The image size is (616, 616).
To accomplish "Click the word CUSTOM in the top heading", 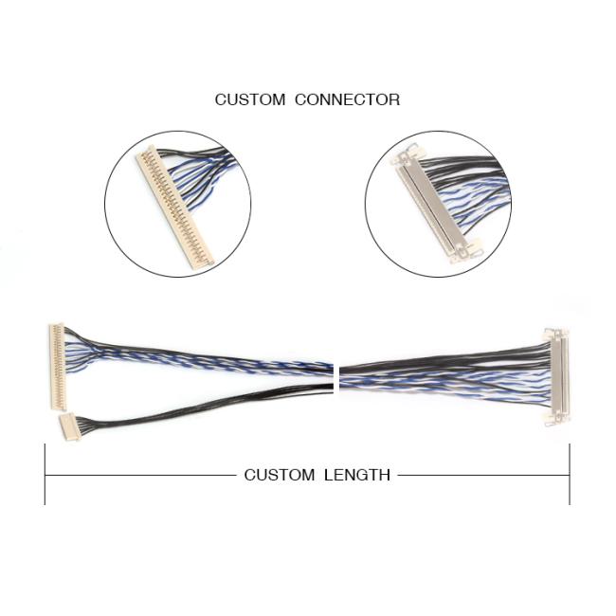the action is pos(250,100).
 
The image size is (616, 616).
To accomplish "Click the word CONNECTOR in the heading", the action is pos(348,100).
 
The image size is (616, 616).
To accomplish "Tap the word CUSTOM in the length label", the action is pos(280,475).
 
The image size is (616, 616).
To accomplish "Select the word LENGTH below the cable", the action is pos(357,475).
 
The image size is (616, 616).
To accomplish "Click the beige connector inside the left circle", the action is pos(174,208).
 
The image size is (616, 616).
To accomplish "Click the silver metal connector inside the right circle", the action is pos(435,205).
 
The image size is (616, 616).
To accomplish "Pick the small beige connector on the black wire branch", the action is pos(69,426).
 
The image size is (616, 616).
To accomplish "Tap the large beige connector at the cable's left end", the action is pos(58,367).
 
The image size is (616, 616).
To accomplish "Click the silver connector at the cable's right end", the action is pos(557,377).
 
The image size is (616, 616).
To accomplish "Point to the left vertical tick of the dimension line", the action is pos(45,475).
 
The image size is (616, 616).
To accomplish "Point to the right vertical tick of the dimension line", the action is pos(570,475).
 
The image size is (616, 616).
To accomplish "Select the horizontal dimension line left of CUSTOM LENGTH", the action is pos(141,476).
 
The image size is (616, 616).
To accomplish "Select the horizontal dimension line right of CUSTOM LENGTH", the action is pos(483,476).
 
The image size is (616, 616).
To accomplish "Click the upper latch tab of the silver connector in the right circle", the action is pos(408,154).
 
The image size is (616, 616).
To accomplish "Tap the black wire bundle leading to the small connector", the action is pos(205,405).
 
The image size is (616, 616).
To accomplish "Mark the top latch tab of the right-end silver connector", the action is pos(555,334).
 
